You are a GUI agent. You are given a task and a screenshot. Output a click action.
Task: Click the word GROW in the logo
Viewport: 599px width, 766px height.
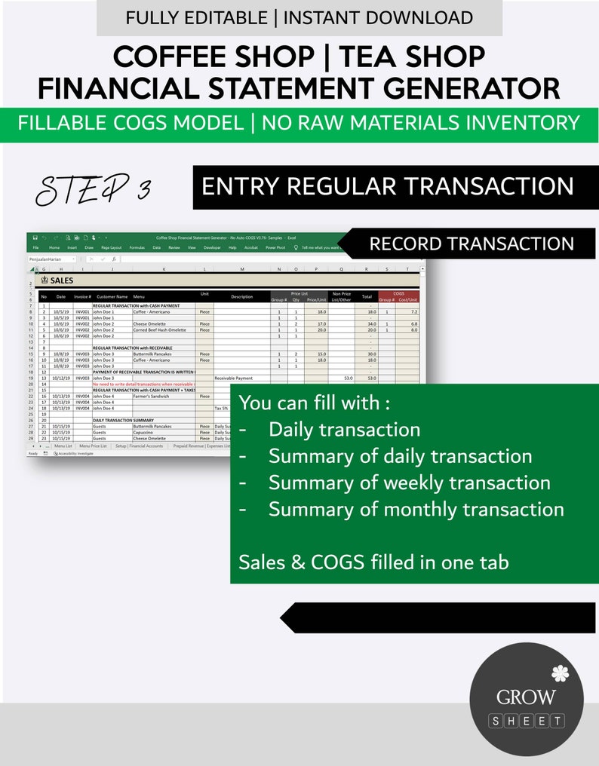(x=526, y=697)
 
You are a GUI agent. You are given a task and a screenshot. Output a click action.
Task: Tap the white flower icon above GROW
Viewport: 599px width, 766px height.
(x=559, y=673)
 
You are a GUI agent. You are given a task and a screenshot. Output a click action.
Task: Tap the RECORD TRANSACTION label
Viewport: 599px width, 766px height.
(x=472, y=244)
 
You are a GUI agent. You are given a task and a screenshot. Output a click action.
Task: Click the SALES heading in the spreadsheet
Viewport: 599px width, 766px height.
(x=62, y=280)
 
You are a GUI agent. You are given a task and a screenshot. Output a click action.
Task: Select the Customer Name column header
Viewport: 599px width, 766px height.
(x=111, y=296)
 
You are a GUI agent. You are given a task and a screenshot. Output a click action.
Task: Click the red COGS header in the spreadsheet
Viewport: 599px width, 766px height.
(x=398, y=293)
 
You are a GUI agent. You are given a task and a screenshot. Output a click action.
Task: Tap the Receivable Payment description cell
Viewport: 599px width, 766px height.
(x=234, y=378)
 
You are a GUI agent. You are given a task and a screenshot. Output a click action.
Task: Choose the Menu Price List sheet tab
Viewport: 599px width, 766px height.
(x=94, y=446)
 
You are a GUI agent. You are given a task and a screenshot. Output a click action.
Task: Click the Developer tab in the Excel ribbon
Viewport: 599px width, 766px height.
(x=211, y=247)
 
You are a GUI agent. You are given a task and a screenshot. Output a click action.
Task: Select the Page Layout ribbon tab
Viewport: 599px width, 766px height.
(x=111, y=247)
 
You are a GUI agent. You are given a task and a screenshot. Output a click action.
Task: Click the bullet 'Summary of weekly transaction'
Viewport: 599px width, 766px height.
(x=409, y=483)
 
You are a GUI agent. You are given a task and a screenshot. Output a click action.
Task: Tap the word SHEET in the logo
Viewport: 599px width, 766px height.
(x=527, y=722)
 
